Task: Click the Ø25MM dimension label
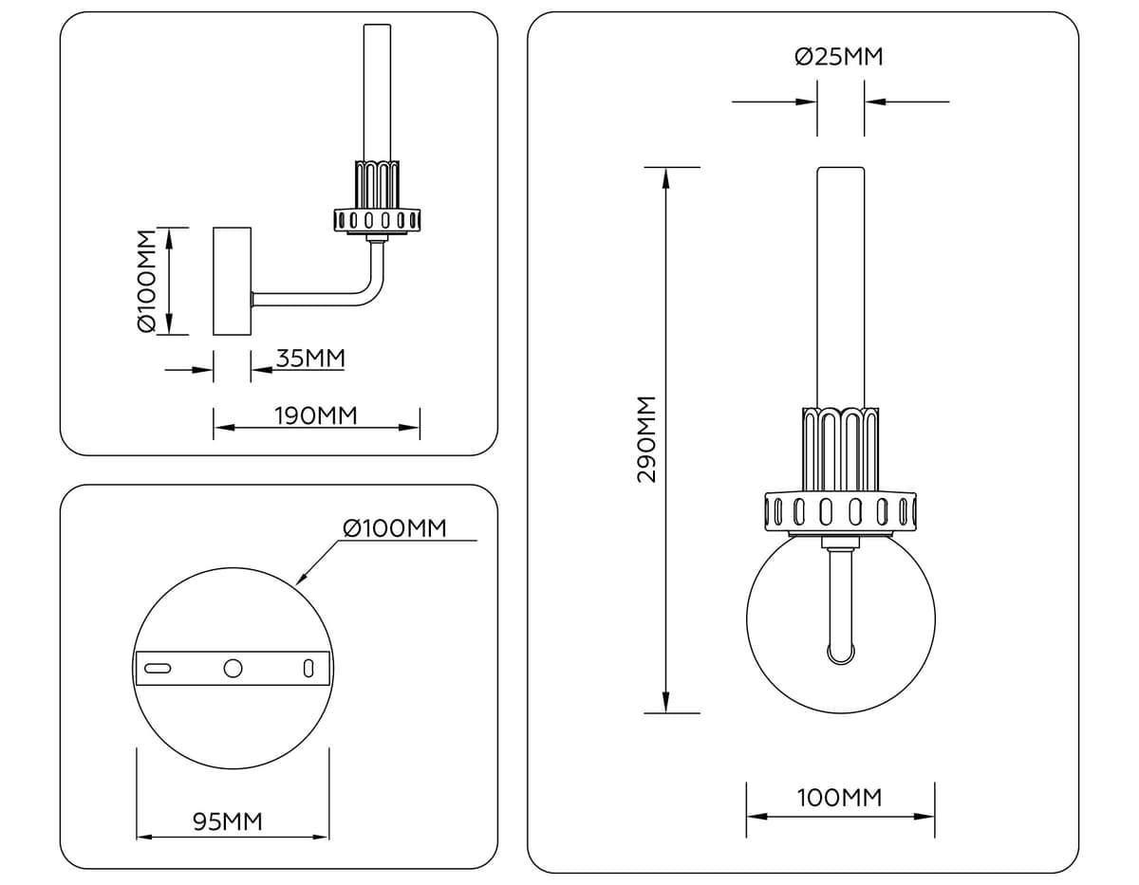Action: tap(839, 58)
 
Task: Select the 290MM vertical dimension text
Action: tap(645, 439)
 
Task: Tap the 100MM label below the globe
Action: tap(839, 798)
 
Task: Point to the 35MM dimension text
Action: tap(309, 359)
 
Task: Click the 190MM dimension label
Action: tap(315, 415)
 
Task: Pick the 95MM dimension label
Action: tap(228, 821)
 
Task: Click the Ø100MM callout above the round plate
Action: tap(394, 528)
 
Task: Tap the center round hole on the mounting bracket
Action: tap(233, 668)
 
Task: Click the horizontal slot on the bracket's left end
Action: tap(158, 668)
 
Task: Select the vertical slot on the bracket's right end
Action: tap(308, 668)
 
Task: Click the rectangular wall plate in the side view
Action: tap(232, 281)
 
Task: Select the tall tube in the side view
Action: tap(377, 90)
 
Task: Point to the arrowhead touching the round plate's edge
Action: tap(302, 579)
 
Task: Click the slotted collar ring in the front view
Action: tap(841, 511)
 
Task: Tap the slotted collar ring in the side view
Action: tap(377, 221)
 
